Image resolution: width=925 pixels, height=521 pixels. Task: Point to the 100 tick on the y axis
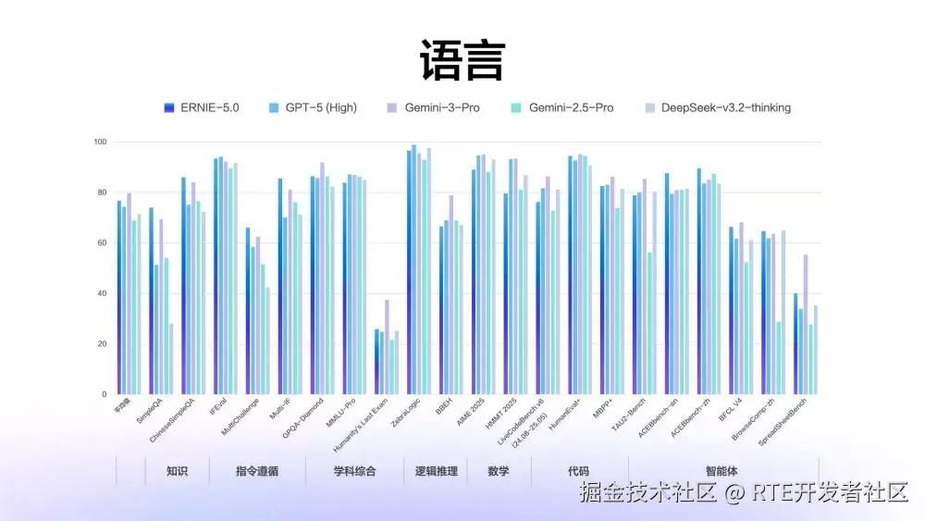coord(100,143)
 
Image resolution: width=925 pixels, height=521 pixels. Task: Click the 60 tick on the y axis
coord(102,243)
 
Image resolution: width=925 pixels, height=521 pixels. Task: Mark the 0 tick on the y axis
coord(105,394)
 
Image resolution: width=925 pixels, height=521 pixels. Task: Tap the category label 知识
coord(178,471)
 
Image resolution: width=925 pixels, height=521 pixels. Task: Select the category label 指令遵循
coord(257,471)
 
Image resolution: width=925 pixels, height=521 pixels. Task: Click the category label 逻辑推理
coord(435,471)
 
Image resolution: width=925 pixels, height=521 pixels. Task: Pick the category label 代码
coord(578,471)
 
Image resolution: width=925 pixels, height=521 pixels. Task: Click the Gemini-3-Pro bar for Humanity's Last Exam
coord(387,347)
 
